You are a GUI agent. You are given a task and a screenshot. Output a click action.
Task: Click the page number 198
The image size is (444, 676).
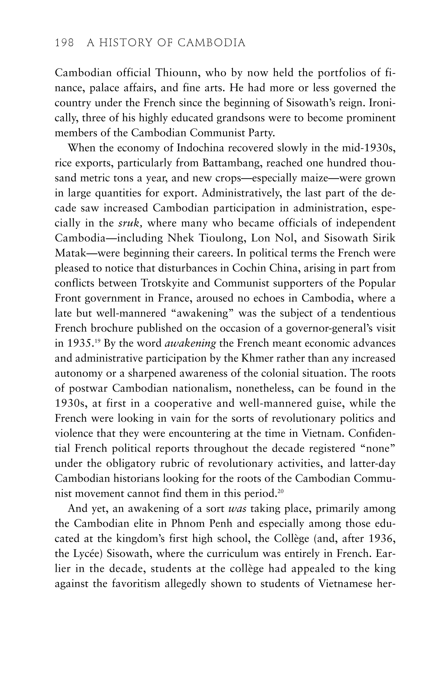(64, 43)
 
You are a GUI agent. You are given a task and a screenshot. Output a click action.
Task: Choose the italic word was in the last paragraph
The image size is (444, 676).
(237, 509)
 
